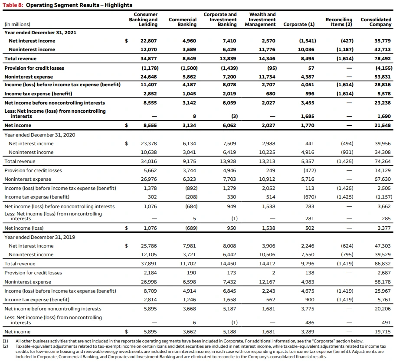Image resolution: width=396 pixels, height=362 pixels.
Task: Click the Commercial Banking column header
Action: pos(183,22)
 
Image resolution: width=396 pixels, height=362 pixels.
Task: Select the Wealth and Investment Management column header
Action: pos(260,20)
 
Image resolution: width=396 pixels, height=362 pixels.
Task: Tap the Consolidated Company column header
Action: pos(376,22)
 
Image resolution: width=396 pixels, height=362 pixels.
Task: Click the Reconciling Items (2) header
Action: pos(339,22)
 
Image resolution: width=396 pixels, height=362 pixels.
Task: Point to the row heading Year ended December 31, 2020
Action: pos(39,135)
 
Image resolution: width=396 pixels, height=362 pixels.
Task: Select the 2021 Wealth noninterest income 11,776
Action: pos(267,49)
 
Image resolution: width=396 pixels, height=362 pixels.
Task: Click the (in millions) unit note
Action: pos(17,24)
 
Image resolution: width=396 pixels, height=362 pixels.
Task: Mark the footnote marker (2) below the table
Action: pos(6,346)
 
